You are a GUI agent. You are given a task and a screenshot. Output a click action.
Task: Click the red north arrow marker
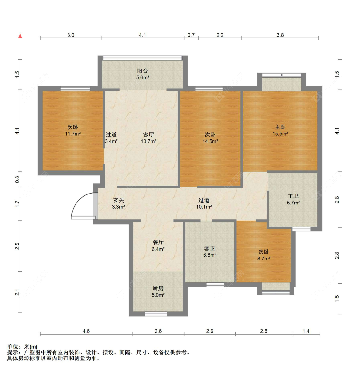[20, 36]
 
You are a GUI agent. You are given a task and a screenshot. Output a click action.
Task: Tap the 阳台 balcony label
[142, 71]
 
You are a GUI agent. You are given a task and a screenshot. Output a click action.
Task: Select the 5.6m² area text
[143, 78]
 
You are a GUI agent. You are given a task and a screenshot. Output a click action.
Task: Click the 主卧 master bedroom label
[280, 127]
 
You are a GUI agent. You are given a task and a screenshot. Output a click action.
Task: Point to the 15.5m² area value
[280, 134]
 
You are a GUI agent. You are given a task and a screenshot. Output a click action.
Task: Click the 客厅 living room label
[148, 135]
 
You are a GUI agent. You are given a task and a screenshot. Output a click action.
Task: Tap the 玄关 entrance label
[118, 200]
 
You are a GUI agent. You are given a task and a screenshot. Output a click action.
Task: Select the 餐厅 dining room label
[158, 242]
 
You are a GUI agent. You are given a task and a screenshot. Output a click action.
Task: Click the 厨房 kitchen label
[158, 288]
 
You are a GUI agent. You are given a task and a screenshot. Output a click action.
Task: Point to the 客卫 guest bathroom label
[210, 248]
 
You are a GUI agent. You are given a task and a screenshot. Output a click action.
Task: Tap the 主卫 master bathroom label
[293, 196]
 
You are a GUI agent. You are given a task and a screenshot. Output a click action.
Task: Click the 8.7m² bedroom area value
[264, 259]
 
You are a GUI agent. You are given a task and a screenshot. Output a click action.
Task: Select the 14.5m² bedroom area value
[210, 141]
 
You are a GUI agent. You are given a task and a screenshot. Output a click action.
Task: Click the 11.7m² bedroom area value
[73, 134]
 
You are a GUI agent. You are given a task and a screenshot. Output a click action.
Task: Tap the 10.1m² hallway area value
[204, 207]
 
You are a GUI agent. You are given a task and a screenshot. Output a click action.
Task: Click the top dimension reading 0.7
[191, 35]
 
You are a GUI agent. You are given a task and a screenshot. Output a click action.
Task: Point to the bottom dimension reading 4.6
[86, 331]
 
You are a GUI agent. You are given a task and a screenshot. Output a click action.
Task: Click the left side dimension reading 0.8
[18, 180]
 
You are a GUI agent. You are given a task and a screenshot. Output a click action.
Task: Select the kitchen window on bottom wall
[156, 314]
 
